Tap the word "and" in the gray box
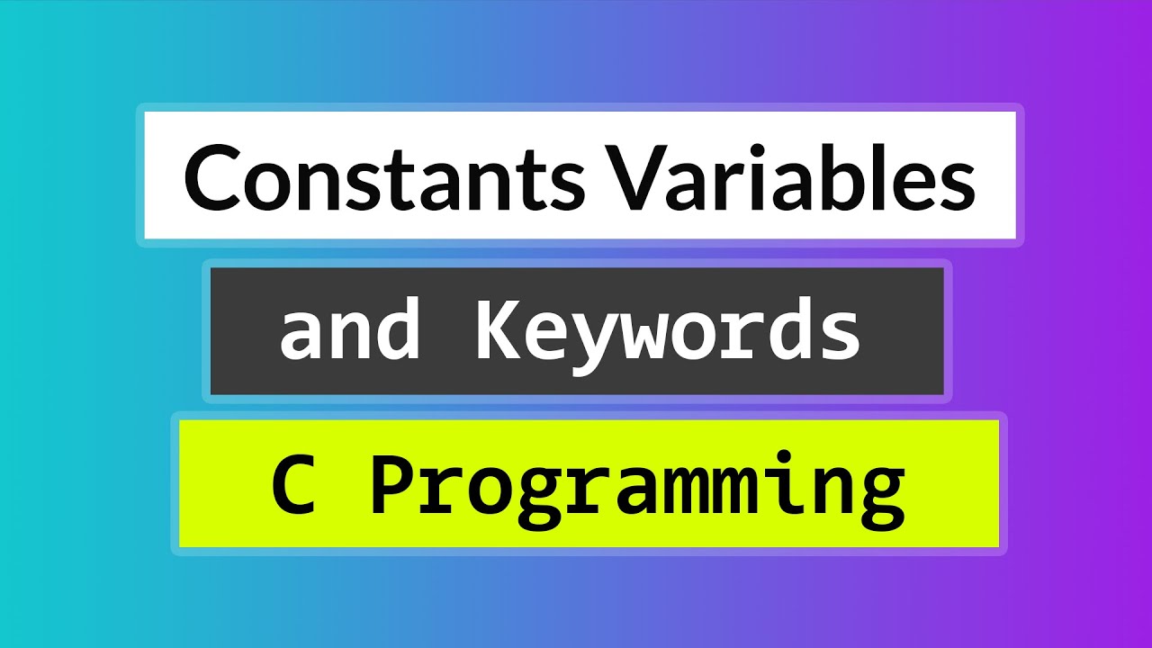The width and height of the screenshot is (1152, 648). point(350,330)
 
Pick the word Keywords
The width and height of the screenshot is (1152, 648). point(667,330)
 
